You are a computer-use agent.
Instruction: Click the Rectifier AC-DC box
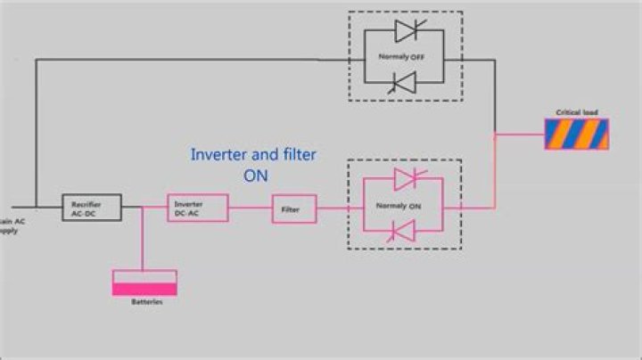click(x=91, y=208)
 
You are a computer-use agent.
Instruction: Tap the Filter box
click(x=293, y=209)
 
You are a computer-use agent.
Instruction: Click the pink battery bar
click(x=144, y=287)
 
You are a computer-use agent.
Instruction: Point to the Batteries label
click(x=144, y=303)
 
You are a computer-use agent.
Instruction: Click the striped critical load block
click(x=577, y=134)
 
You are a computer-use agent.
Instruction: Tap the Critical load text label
click(x=577, y=113)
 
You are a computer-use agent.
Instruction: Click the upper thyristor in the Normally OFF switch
click(x=406, y=32)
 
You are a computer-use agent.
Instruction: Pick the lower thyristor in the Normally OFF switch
click(x=406, y=86)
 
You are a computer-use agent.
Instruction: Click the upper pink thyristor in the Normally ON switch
click(x=406, y=179)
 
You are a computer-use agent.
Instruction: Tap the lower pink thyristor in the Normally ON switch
click(x=406, y=233)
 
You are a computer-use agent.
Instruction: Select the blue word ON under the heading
click(x=256, y=176)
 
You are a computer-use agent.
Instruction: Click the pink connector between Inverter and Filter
click(x=250, y=209)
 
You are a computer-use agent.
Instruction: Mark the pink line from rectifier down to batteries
click(x=143, y=241)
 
